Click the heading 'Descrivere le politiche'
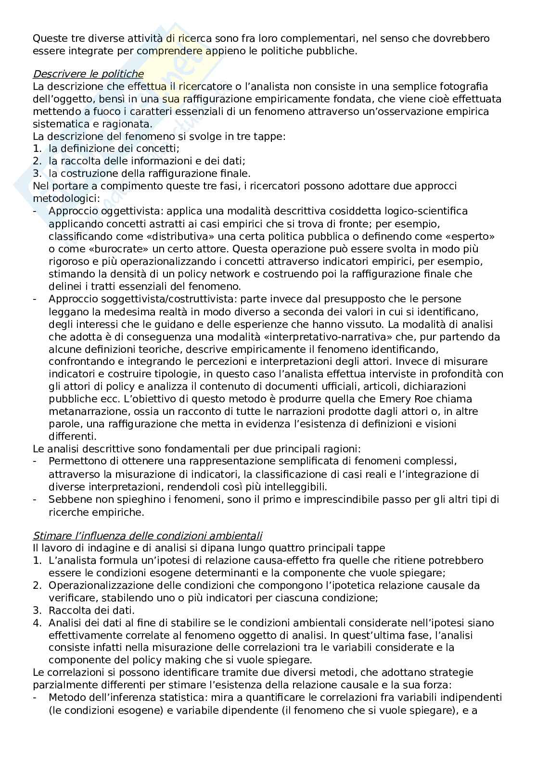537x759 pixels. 88,74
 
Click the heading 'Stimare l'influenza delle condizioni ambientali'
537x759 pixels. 147,535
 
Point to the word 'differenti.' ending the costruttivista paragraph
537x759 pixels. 72,436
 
